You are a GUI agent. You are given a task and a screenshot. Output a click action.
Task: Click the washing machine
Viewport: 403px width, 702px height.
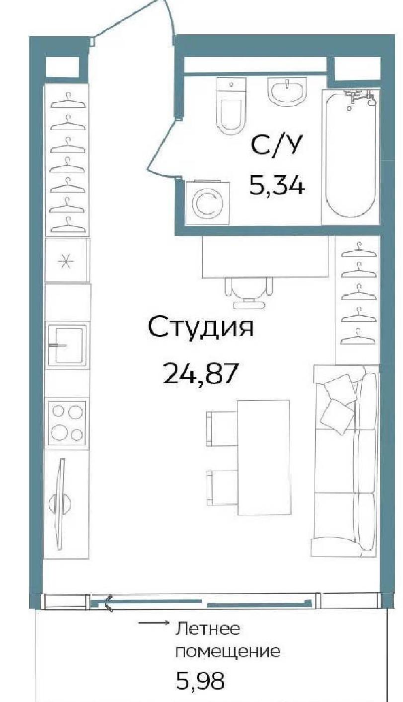[x=207, y=203]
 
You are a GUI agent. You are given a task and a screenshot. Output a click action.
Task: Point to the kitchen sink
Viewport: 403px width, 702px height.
[x=67, y=345]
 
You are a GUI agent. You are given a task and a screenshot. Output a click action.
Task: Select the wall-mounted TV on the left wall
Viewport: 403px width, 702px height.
[x=60, y=504]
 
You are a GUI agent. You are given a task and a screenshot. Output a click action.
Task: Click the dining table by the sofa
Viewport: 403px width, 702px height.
[x=263, y=457]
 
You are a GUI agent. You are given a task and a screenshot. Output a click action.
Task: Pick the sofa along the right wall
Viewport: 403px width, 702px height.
[x=345, y=460]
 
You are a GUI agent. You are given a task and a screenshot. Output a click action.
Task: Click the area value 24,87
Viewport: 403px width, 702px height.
[x=199, y=373]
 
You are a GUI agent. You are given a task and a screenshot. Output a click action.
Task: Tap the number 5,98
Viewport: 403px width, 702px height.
[x=201, y=689]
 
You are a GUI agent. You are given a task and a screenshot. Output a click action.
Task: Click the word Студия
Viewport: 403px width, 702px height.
[x=200, y=327]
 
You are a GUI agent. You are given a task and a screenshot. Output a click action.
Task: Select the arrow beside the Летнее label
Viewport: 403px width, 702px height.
[x=154, y=623]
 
